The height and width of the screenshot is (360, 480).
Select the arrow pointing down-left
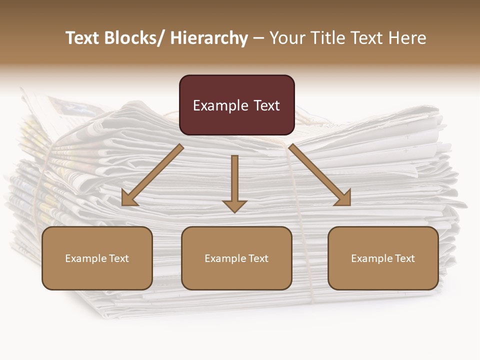(152, 175)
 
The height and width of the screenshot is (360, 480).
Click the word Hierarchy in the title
(209, 38)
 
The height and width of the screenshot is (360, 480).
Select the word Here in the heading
(408, 38)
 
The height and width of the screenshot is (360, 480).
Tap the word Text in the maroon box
(266, 105)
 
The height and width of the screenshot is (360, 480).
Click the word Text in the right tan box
(404, 258)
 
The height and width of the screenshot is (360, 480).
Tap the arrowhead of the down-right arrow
(344, 199)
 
